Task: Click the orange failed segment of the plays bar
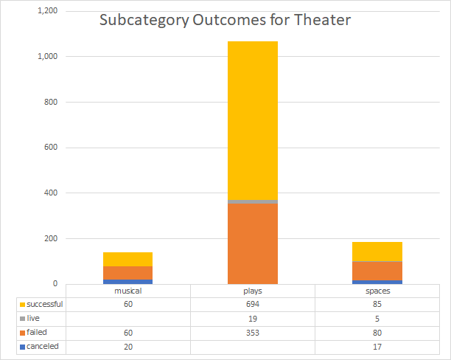click(x=253, y=243)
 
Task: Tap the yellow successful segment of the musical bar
click(x=127, y=259)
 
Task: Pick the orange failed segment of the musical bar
click(x=127, y=273)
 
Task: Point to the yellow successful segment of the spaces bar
click(x=377, y=251)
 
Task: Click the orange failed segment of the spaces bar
click(x=377, y=271)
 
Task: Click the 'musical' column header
click(x=127, y=291)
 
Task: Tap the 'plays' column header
click(x=253, y=291)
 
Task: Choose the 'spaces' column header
click(x=377, y=291)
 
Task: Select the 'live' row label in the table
click(x=35, y=318)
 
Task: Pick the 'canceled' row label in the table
click(x=43, y=346)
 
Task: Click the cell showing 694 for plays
click(x=253, y=304)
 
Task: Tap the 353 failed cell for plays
click(x=253, y=332)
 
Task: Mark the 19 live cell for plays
click(x=253, y=318)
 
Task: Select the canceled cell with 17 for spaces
click(x=377, y=346)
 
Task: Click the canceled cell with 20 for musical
click(x=127, y=346)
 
